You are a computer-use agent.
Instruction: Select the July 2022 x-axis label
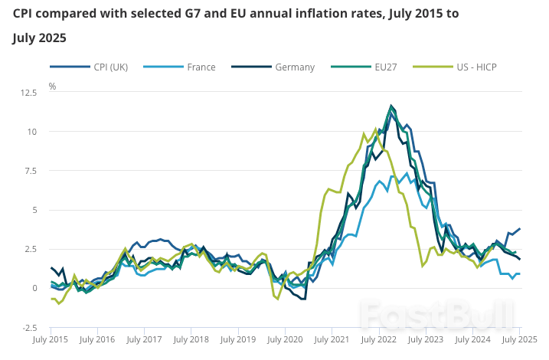[x=378, y=339]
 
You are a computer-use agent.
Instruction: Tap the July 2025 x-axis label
[x=518, y=339]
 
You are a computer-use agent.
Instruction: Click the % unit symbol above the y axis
[x=53, y=87]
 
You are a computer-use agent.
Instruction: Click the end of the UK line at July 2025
[x=520, y=228]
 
